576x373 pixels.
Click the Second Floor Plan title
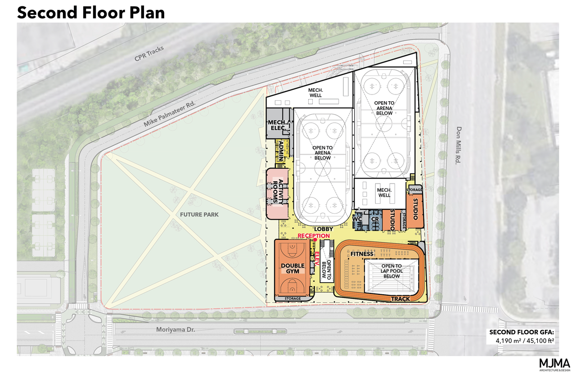91,12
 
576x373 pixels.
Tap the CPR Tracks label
149,54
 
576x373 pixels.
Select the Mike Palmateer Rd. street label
170,114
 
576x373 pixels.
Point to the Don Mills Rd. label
459,145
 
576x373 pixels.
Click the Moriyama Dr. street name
175,329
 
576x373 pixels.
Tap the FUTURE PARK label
199,214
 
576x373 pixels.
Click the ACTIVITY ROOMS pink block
278,193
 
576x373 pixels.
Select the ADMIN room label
281,151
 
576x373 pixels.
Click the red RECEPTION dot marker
315,239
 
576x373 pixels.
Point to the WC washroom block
358,220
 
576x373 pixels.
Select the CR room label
375,219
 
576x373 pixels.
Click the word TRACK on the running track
400,299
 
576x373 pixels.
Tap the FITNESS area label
362,254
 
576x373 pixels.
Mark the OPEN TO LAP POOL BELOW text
391,271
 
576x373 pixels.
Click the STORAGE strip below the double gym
292,298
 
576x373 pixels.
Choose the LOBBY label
324,229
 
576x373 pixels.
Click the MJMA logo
554,364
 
